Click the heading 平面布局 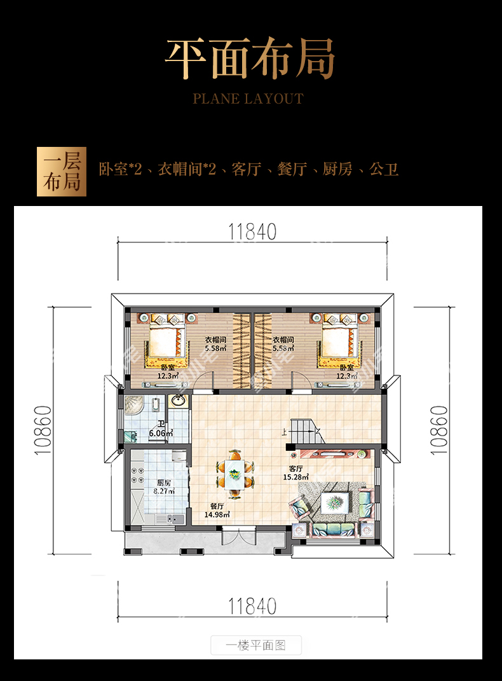(x=250, y=58)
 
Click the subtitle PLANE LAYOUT (x=248, y=99)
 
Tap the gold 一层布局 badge (x=62, y=172)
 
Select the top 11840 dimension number (x=252, y=232)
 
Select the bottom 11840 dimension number (x=252, y=607)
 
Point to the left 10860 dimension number (x=43, y=430)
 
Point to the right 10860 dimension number (x=438, y=430)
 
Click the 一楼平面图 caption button (x=256, y=645)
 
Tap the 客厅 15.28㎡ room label (x=296, y=472)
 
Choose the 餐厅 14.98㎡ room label (x=217, y=511)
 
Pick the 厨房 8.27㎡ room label (x=164, y=487)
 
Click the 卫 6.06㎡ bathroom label (x=161, y=429)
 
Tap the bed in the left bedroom (x=167, y=346)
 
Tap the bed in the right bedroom (x=340, y=346)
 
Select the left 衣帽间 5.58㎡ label (x=215, y=344)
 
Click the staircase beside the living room (x=308, y=432)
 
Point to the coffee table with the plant (x=335, y=502)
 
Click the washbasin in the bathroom (x=178, y=401)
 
